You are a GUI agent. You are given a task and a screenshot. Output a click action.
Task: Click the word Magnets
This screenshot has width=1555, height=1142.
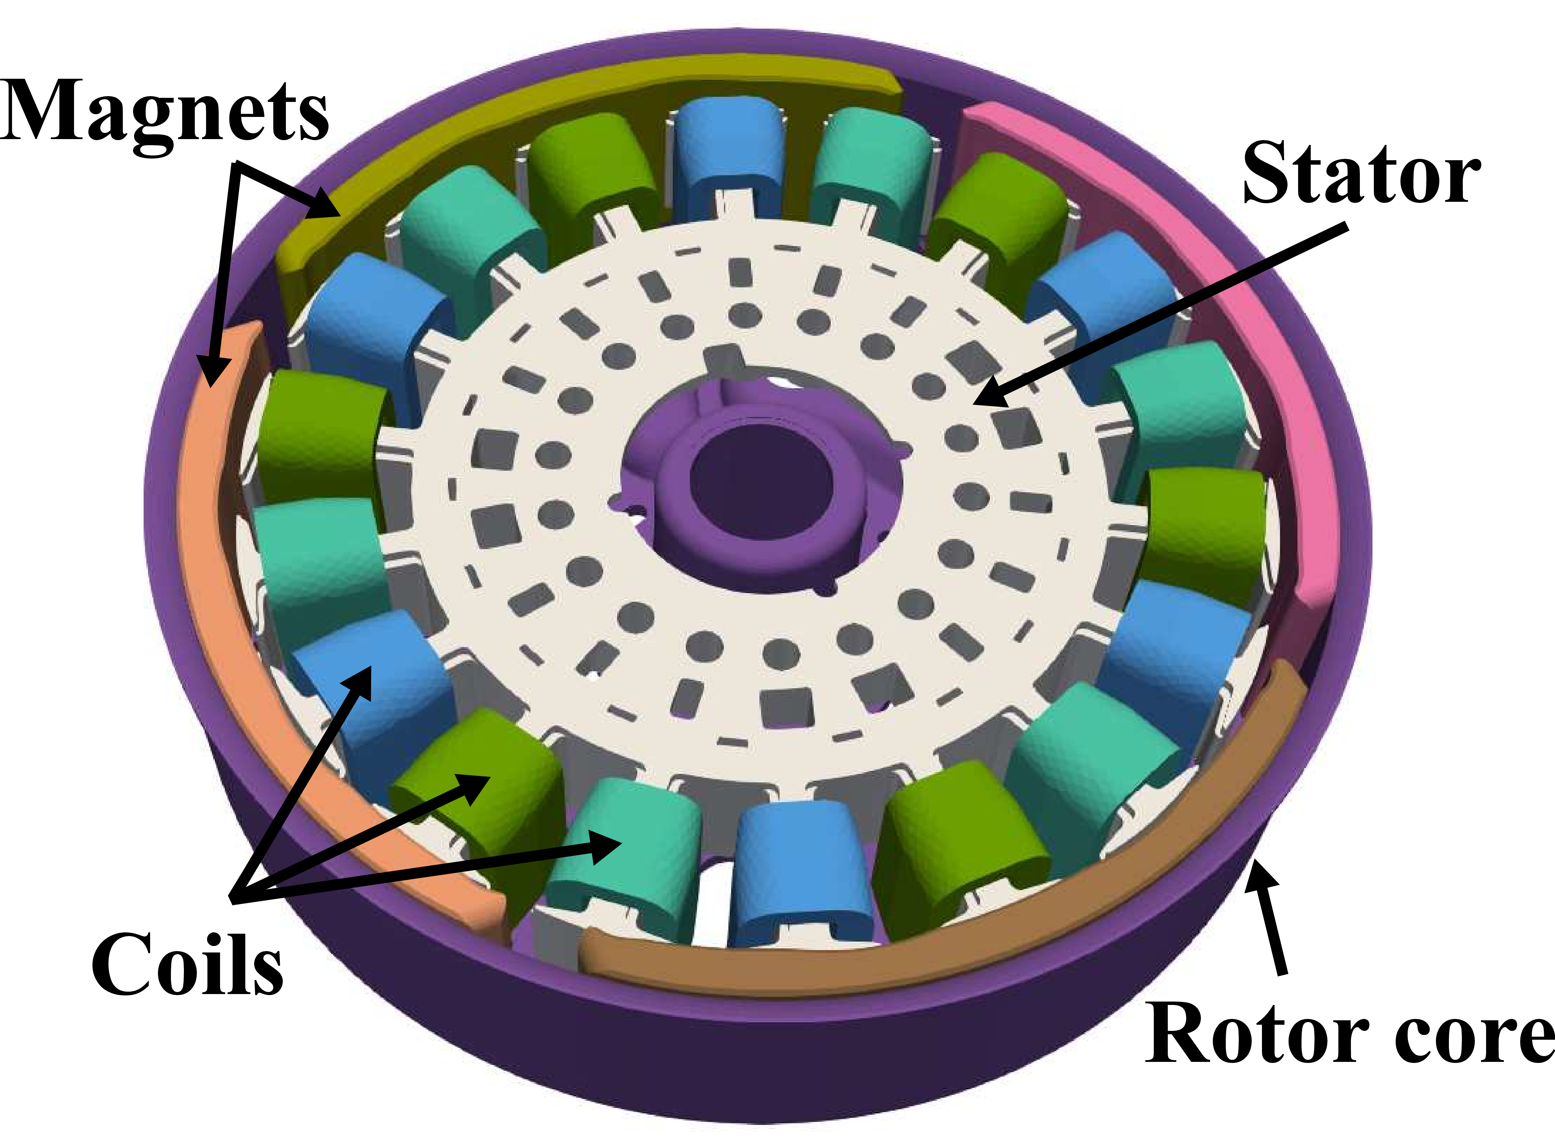165,110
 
